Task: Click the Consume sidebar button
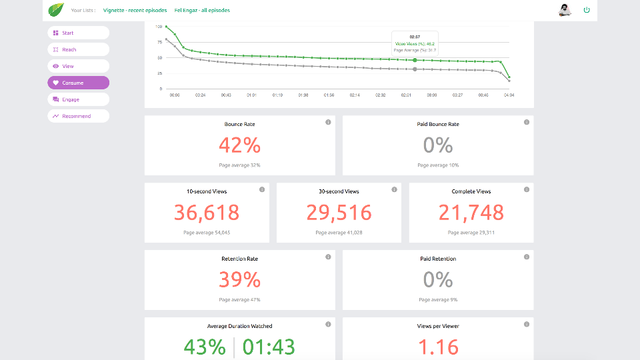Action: point(78,83)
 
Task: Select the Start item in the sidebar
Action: point(78,33)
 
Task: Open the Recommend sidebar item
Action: point(78,116)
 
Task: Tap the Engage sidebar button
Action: point(78,99)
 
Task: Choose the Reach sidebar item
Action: point(78,49)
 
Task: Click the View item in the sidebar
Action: point(78,66)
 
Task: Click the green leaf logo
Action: point(55,10)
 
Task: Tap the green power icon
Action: point(587,10)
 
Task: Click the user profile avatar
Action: point(565,9)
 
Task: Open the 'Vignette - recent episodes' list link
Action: point(135,11)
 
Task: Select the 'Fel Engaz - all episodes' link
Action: point(202,11)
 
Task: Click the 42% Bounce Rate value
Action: point(239,145)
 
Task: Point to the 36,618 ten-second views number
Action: point(207,212)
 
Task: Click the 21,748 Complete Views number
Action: point(471,212)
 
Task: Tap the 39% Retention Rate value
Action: point(239,279)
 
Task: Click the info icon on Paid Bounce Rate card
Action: point(527,122)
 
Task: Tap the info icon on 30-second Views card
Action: point(394,189)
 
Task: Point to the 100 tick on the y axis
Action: point(159,27)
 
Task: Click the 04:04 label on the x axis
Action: point(509,95)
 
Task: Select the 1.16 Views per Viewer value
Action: point(437,347)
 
